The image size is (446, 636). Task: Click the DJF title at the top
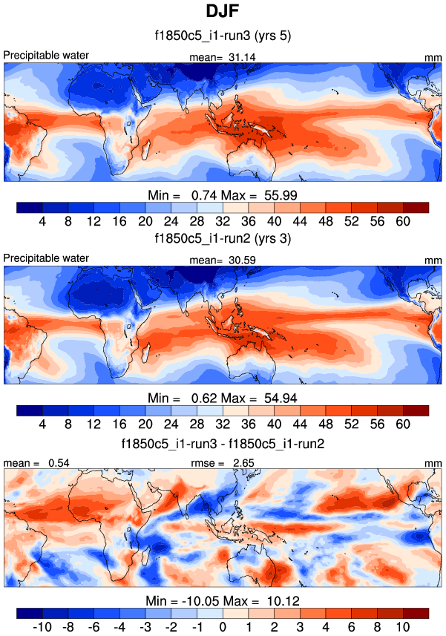pyautogui.click(x=223, y=13)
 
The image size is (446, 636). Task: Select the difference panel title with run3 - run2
pyautogui.click(x=223, y=443)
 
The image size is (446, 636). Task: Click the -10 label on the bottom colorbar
pyautogui.click(x=42, y=627)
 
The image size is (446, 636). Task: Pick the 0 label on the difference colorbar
pyautogui.click(x=223, y=627)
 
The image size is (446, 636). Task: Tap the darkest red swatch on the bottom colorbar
pyautogui.click(x=416, y=612)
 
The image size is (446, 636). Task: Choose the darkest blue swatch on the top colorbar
pyautogui.click(x=29, y=207)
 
